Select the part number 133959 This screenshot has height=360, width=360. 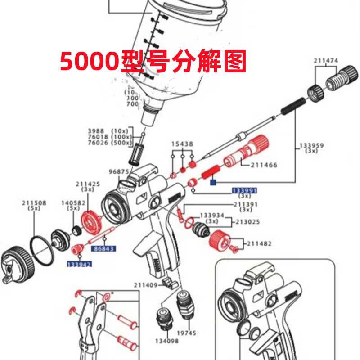(311, 146)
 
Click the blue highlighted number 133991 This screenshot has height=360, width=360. (244, 191)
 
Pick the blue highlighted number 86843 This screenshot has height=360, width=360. (103, 248)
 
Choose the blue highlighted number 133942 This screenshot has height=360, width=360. (79, 264)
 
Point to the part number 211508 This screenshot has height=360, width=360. (34, 203)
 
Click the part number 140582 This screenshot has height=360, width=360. (73, 203)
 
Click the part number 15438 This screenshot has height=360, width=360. (182, 144)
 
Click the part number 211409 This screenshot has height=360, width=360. (145, 284)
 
